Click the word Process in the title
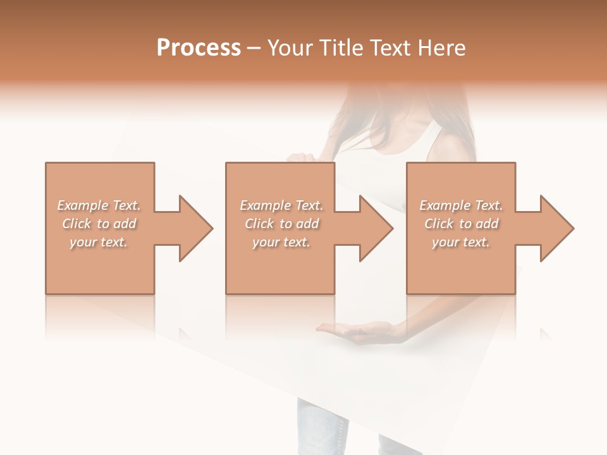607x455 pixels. point(199,48)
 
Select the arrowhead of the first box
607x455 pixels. point(193,228)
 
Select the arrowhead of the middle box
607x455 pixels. point(373,228)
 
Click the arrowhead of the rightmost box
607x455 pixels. point(554,228)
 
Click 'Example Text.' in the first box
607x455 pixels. point(99,205)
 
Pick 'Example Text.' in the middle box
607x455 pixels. point(281,205)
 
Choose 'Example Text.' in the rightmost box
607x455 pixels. point(461,205)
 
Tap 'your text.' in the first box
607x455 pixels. point(99,242)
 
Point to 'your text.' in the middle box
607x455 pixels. point(281,242)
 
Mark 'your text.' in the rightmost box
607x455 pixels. point(461,242)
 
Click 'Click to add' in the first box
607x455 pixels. point(99,224)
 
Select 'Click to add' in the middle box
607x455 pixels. point(281,224)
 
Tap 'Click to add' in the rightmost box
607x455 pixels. point(461,224)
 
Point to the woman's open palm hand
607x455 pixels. point(357,330)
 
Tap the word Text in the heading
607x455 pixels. point(389,48)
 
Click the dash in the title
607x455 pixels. point(254,48)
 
